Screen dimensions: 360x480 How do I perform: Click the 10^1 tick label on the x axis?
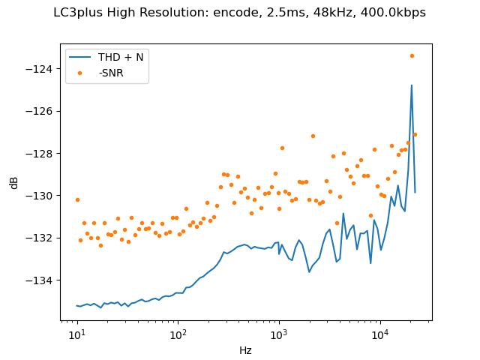(x=76, y=334)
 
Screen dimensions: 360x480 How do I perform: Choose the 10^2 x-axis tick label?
(x=178, y=334)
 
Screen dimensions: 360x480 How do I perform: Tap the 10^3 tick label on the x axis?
(x=279, y=334)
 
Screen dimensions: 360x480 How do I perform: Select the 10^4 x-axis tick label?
(x=380, y=334)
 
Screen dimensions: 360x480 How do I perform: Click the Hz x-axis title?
(x=245, y=349)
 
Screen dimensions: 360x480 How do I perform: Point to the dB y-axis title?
(x=14, y=183)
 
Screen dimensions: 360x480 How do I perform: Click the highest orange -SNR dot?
(x=412, y=55)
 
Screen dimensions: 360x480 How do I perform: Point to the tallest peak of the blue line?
(x=412, y=85)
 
